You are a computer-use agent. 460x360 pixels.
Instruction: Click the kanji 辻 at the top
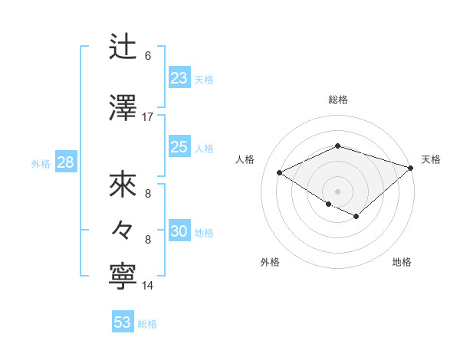coord(123,47)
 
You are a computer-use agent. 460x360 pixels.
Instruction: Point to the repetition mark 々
coord(123,229)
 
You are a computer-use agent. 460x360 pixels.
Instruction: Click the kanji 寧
coord(123,276)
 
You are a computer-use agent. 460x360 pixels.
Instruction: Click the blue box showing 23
coord(179,78)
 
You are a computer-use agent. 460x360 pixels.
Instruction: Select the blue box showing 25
coord(179,148)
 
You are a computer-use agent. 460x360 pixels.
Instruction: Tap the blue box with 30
coord(179,232)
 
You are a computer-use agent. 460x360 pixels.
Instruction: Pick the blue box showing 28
coord(65,162)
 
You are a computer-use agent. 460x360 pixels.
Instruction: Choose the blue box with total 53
coord(123,322)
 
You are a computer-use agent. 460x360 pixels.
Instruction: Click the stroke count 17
coord(148,117)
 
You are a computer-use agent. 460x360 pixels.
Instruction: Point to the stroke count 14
coord(148,286)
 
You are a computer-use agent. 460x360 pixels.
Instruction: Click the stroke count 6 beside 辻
coord(148,56)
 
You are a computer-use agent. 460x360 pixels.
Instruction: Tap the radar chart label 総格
coord(338,100)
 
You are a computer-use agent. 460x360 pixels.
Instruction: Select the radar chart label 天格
coord(431,159)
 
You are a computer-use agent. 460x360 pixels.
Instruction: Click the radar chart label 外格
coord(270,262)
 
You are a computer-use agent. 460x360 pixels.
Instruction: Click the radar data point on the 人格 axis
coord(280,172)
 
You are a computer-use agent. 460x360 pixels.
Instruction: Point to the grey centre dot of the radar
coord(337,191)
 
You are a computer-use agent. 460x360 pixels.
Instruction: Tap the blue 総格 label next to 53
coord(147,324)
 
